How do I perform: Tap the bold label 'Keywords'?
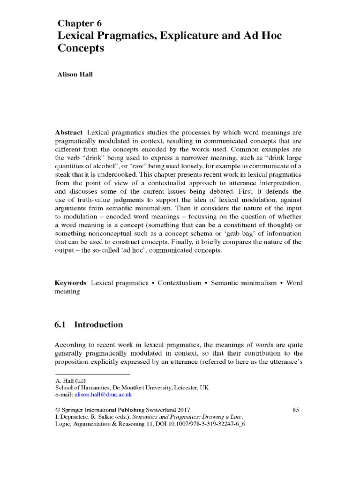[71, 283]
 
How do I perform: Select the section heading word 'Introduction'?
[100, 325]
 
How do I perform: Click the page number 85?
[295, 410]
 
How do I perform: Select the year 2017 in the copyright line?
[182, 410]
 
